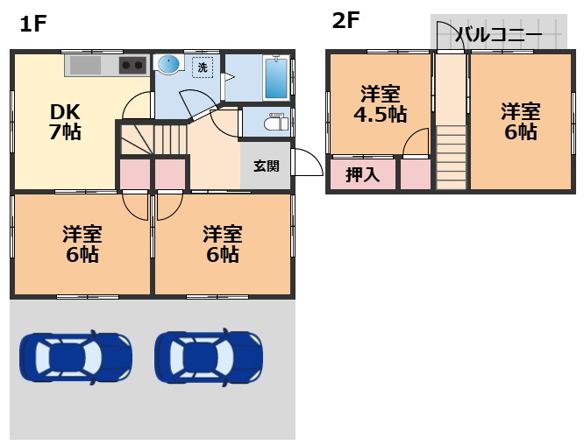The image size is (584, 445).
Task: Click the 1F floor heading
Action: [x=32, y=24]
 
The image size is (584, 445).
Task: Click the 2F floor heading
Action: [x=345, y=20]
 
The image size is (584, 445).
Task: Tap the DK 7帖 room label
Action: [x=65, y=122]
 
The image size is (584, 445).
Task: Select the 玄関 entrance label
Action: [x=267, y=165]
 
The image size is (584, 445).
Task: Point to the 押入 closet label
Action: [x=362, y=174]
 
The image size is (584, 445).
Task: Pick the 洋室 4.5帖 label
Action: [x=379, y=103]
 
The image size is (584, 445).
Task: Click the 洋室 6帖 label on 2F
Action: [x=520, y=121]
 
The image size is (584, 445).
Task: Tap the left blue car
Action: [x=75, y=356]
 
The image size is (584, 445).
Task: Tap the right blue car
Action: [x=209, y=356]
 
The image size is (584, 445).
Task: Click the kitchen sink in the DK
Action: [x=85, y=66]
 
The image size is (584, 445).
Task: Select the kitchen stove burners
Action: [x=133, y=66]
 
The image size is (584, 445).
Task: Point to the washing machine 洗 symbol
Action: [x=203, y=67]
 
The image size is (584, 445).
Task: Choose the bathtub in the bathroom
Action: [x=276, y=78]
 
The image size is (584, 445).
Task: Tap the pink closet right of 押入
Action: [x=416, y=174]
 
